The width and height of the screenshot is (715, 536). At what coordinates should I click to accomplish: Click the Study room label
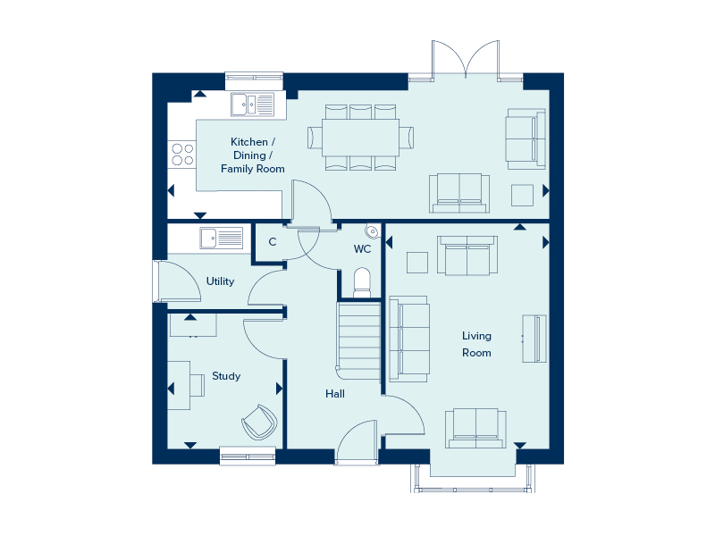[226, 376]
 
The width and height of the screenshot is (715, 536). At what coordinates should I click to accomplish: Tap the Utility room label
[220, 281]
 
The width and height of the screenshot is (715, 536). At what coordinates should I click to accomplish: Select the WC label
[362, 248]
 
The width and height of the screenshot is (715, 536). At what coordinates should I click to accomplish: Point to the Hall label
[335, 393]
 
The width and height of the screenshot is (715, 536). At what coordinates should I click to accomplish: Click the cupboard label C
[272, 242]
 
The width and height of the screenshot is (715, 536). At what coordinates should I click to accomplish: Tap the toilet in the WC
[362, 281]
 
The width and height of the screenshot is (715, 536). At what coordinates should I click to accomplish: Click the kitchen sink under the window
[253, 105]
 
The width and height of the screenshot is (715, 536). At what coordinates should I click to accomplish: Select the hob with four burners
[182, 155]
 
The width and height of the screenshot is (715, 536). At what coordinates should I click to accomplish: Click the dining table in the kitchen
[360, 137]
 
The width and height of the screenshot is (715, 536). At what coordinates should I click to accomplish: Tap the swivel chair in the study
[259, 422]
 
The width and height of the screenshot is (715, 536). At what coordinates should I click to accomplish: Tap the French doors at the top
[465, 61]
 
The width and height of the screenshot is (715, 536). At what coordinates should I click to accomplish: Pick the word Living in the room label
[476, 336]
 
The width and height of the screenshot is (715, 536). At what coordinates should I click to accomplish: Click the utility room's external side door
[158, 282]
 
